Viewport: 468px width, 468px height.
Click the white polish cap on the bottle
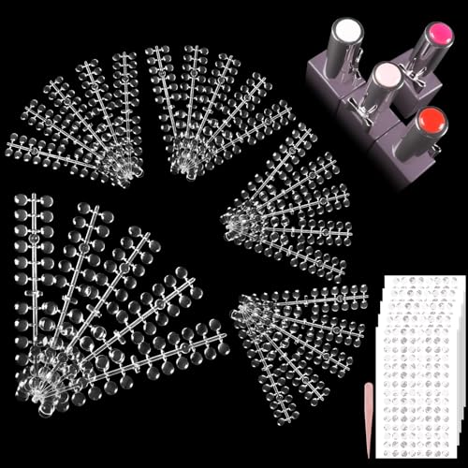[x=344, y=33]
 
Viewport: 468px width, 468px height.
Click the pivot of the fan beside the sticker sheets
[x=242, y=308]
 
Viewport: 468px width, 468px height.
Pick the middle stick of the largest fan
[x=103, y=300]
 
